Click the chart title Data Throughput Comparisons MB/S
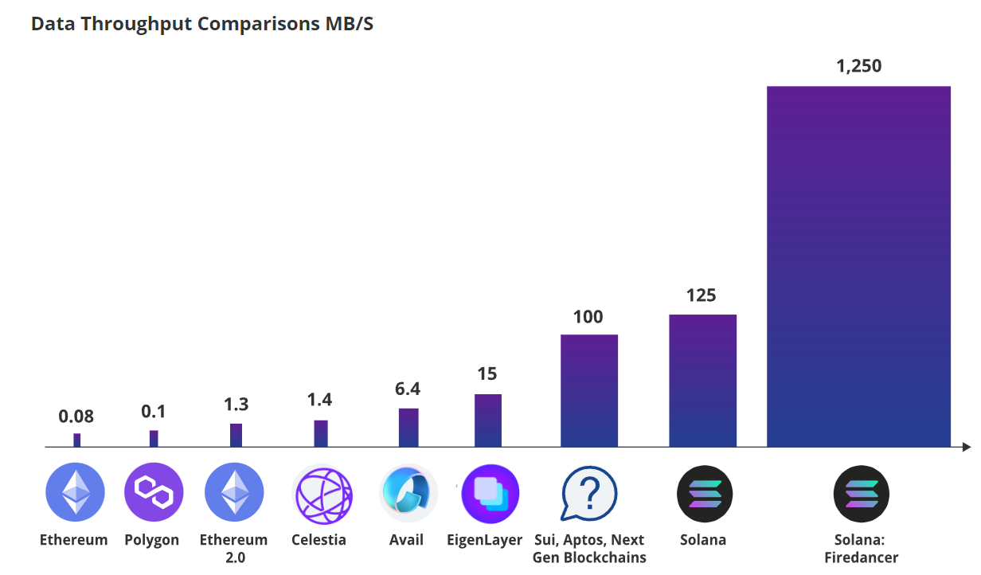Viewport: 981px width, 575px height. (201, 24)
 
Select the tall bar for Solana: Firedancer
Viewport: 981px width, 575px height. (858, 266)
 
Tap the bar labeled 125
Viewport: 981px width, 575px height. (702, 381)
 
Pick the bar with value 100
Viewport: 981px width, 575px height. (589, 390)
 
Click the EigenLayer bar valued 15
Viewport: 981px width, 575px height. (488, 420)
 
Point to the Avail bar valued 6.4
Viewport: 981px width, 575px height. (408, 428)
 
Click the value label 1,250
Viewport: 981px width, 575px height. (858, 66)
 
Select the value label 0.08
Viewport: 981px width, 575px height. (76, 416)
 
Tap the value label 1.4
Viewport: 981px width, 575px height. (320, 401)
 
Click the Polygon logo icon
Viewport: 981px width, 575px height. (154, 492)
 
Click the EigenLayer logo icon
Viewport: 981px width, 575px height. (490, 493)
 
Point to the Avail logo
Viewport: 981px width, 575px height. (408, 493)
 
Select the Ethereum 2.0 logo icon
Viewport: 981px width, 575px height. (234, 492)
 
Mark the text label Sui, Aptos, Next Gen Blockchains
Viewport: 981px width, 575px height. (589, 548)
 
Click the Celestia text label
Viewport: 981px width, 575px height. (319, 540)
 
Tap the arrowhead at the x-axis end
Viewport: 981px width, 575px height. (966, 448)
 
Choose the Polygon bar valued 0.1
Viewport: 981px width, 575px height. (154, 439)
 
